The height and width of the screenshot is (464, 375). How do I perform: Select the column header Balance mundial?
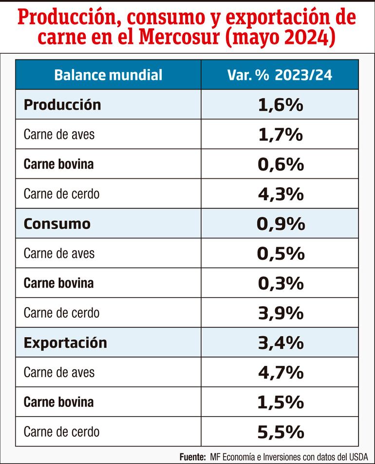[108, 75]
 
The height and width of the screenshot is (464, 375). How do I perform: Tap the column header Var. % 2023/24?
[280, 75]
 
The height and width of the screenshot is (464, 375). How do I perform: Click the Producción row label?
[62, 105]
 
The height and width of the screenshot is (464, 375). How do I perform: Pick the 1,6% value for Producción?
[281, 105]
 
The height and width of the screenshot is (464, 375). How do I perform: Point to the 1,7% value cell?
[281, 135]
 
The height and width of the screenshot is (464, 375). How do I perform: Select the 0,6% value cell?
[281, 164]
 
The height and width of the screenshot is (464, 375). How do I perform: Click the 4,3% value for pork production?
[281, 194]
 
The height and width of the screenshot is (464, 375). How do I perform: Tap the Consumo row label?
[57, 224]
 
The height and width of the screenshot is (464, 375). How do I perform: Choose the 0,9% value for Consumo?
[281, 224]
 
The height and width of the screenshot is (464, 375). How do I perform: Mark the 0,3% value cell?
[281, 283]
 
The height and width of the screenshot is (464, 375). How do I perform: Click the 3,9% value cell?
[281, 313]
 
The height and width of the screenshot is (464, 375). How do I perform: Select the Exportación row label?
[65, 343]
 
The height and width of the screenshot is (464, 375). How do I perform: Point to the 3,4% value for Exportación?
[281, 343]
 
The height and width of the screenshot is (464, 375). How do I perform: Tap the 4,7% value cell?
[281, 372]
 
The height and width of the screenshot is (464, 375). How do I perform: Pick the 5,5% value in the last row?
[281, 432]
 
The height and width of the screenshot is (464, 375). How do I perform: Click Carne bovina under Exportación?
[58, 402]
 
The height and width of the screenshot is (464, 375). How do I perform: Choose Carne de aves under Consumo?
[59, 253]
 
